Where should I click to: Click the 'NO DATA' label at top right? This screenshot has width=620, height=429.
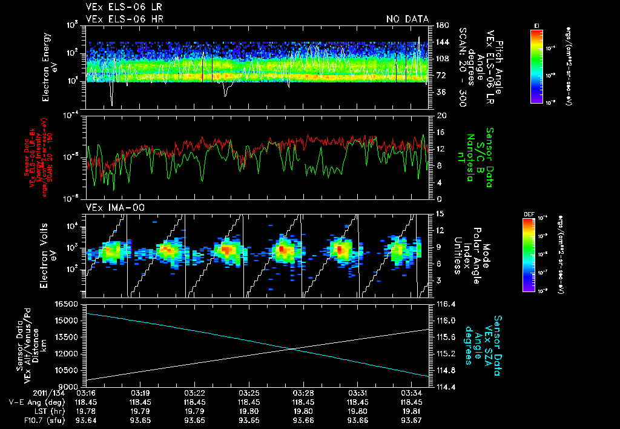click(x=407, y=19)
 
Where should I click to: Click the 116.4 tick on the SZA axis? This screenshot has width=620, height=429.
click(x=445, y=304)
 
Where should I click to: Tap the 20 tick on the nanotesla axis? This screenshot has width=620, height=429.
click(x=439, y=115)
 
